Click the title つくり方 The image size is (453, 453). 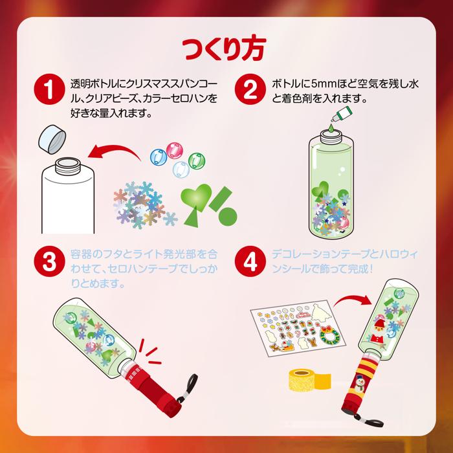coord(226,49)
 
